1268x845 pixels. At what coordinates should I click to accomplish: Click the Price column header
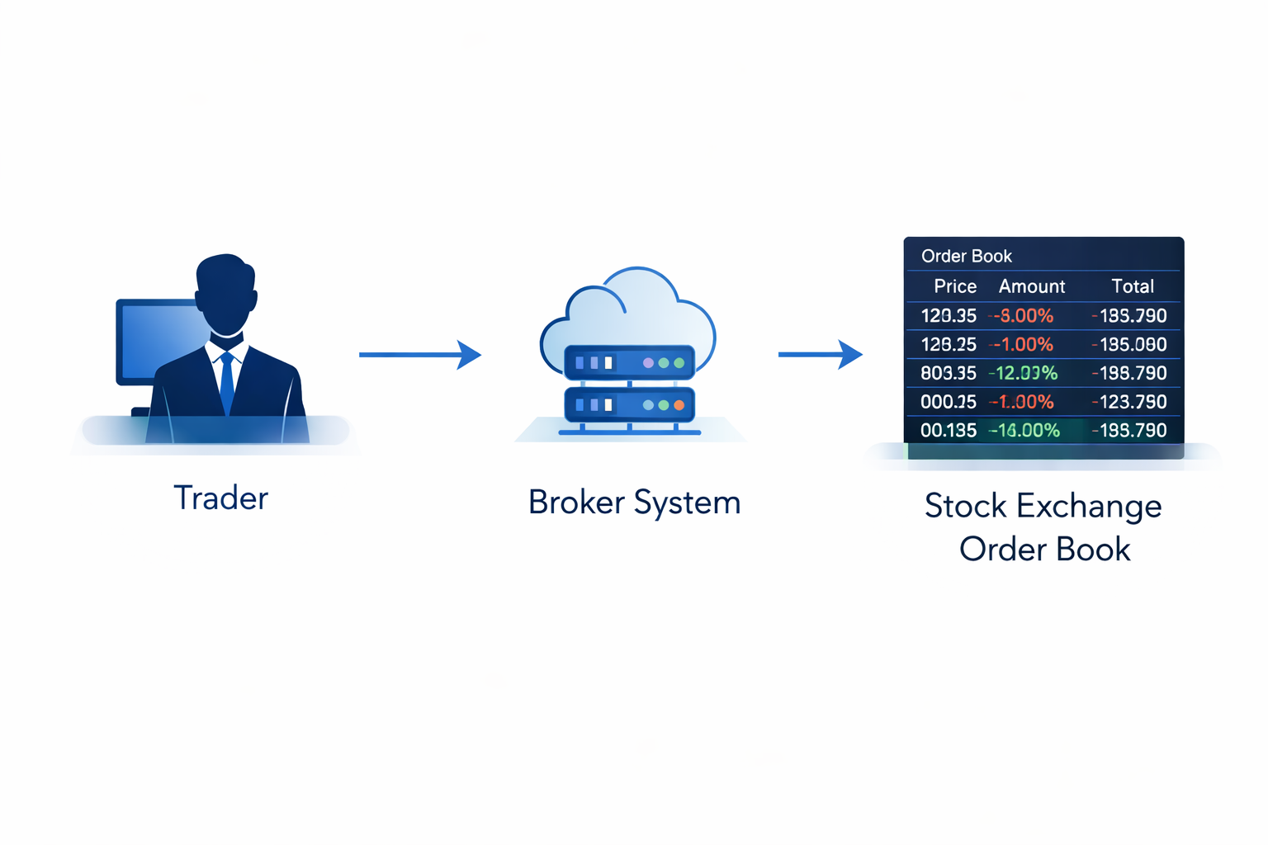pos(955,286)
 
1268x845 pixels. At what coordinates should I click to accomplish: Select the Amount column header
pos(1031,286)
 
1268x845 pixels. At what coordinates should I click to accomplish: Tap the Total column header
pos(1132,286)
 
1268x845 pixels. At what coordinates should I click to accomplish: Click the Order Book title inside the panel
pos(966,256)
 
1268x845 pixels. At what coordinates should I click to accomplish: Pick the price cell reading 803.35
pos(949,373)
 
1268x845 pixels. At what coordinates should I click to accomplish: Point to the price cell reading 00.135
pos(949,430)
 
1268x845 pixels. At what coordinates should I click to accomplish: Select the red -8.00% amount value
pos(1023,315)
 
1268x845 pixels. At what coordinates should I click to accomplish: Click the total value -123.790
pos(1129,402)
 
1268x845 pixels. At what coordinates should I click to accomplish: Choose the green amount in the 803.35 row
pos(1023,373)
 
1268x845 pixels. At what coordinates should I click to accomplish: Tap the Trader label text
pos(220,498)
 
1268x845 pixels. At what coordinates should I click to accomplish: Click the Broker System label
pos(634,502)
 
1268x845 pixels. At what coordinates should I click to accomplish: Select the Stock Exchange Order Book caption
pos(1043,527)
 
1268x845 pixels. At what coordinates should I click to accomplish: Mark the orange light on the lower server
pos(679,405)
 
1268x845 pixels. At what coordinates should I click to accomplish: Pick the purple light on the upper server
pos(648,363)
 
